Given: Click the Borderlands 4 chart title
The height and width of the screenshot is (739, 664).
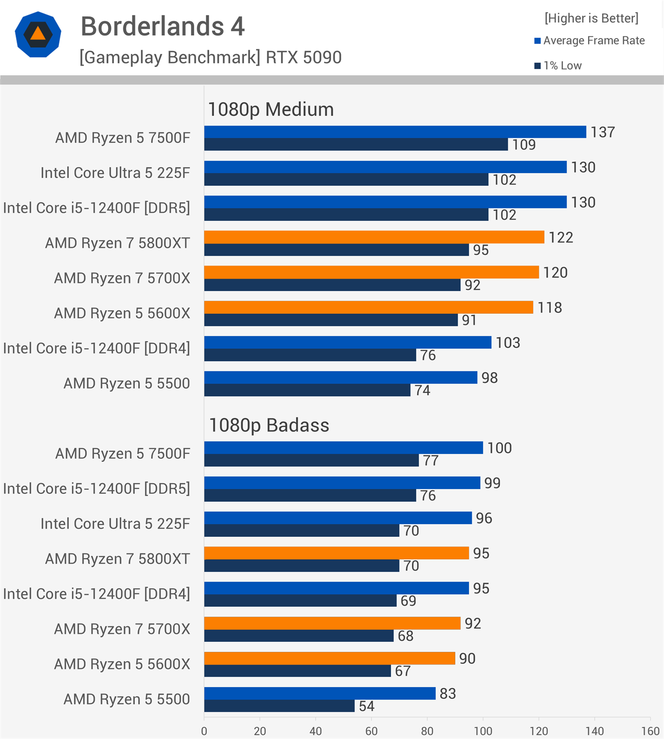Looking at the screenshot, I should coord(163,26).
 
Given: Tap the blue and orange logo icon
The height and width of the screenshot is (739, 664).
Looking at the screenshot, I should coord(38,34).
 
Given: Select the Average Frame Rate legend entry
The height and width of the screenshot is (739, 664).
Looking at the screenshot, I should coord(589,41).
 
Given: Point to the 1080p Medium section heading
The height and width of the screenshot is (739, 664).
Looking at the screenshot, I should coord(271,109).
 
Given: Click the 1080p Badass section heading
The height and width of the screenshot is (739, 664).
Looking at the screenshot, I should coord(269,425).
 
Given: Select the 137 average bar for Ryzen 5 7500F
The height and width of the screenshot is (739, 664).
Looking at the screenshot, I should coord(395,132).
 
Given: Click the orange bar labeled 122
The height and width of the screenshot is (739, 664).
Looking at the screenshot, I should coord(374,237).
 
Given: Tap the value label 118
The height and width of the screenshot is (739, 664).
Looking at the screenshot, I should coord(550,308).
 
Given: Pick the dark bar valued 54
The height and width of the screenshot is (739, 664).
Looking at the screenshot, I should coord(279,706).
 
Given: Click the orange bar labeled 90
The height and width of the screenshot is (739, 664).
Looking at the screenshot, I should coord(329,658).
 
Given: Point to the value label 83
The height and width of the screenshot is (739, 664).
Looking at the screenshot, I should coord(448,694).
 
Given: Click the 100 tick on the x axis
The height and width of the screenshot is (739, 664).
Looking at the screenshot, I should coord(483,731).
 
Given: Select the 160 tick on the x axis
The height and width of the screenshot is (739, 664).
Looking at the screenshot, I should coord(650,731).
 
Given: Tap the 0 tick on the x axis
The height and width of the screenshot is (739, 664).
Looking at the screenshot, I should coord(204,731).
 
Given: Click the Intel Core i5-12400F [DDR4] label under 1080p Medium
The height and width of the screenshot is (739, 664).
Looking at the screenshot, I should coord(97,348).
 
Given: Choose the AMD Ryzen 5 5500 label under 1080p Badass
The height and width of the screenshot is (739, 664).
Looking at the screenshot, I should coord(127,699).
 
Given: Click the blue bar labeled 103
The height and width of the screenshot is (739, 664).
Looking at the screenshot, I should coord(347,342).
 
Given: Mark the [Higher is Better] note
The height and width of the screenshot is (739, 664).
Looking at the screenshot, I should coord(591,18).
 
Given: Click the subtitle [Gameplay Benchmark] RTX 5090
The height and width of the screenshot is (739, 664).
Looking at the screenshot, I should coord(211,57).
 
